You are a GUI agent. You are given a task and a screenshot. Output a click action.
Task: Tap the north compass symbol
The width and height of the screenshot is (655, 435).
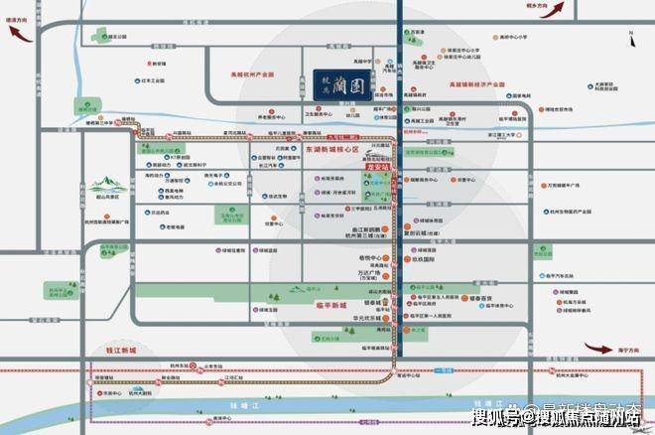pos(631,37)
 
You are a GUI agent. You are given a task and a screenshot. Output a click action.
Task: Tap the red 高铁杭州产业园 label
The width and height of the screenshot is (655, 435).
pos(252,74)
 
